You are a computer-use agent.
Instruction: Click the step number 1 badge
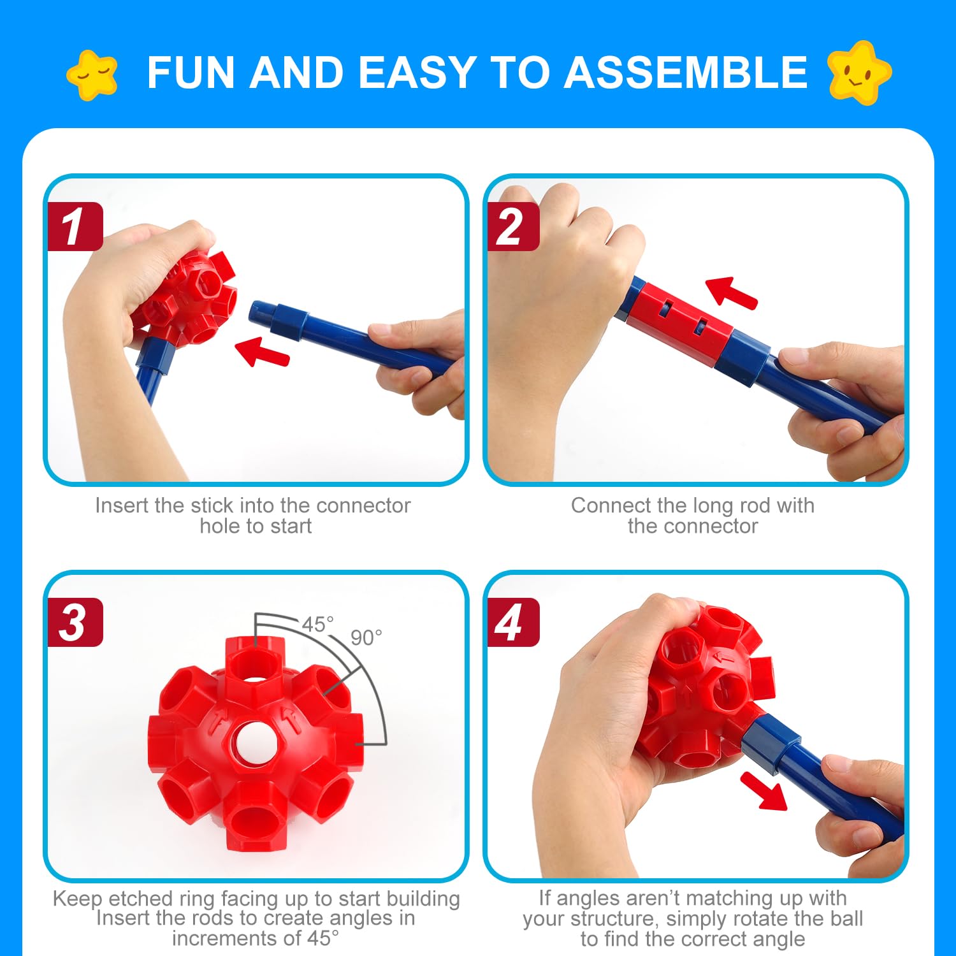pyautogui.click(x=75, y=226)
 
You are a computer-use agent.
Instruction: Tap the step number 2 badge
pyautogui.click(x=513, y=226)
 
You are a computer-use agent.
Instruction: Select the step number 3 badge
pyautogui.click(x=75, y=622)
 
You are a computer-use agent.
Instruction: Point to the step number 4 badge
pyautogui.click(x=513, y=622)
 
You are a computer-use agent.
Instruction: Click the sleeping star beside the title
pyautogui.click(x=93, y=75)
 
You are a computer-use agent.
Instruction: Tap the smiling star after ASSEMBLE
pyautogui.click(x=858, y=72)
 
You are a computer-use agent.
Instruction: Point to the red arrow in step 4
pyautogui.click(x=764, y=790)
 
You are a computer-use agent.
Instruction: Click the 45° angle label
pyautogui.click(x=317, y=624)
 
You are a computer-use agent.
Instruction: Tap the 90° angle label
pyautogui.click(x=366, y=637)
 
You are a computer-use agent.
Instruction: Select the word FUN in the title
pyautogui.click(x=192, y=72)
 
